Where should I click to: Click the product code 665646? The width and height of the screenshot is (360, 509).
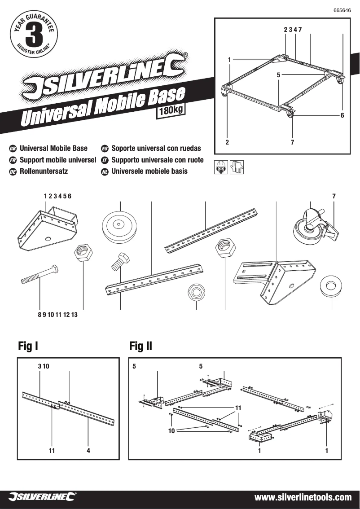[x=342, y=10]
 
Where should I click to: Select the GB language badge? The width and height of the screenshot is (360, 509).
[x=13, y=149]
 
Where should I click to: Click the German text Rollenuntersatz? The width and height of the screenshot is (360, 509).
[x=44, y=171]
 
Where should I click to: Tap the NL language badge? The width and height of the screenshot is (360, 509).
[x=105, y=171]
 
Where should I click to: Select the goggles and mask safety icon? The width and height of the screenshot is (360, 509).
[x=221, y=167]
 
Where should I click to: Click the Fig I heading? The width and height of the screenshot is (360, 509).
[x=28, y=346]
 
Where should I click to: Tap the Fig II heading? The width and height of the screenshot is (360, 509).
[x=140, y=346]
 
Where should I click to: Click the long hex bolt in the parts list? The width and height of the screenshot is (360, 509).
[x=40, y=275]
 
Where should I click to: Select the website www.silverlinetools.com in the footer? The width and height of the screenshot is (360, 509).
[x=303, y=497]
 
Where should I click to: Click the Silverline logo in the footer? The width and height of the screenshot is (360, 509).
[x=42, y=497]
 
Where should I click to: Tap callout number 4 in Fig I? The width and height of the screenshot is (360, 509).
[x=88, y=451]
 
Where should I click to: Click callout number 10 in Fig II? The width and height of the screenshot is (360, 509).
[x=171, y=431]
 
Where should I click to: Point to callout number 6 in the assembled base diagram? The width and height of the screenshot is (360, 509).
[x=342, y=115]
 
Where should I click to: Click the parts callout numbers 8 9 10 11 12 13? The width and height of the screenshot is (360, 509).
[x=57, y=315]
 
